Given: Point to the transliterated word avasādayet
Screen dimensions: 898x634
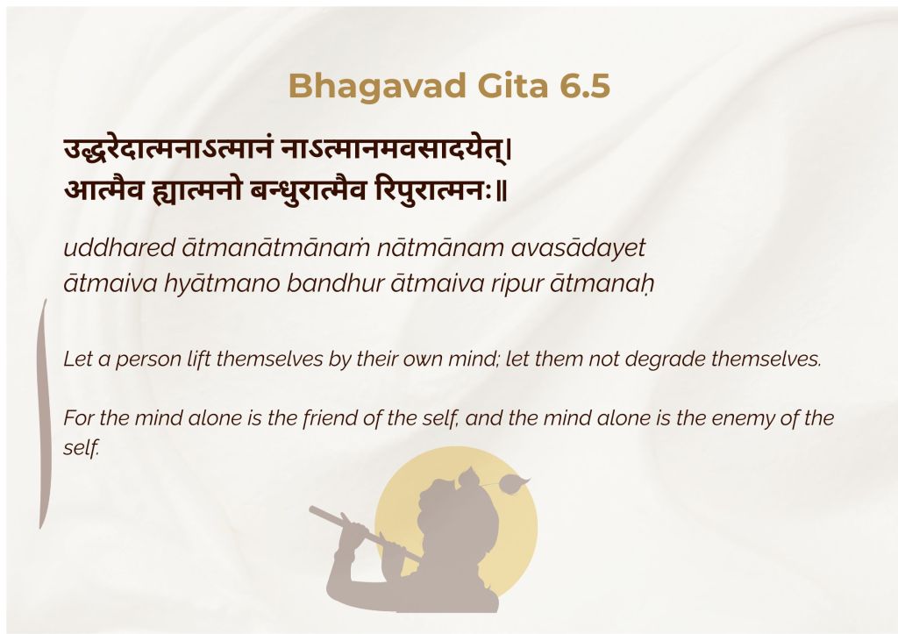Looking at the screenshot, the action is [x=579, y=248].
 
